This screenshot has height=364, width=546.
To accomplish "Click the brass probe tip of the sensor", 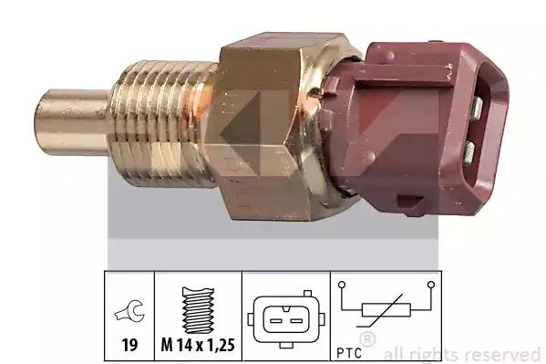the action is coord(72,122).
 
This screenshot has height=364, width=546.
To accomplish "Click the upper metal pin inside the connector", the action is coord(478,108).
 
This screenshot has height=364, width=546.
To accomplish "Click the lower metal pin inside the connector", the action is coord(469,152).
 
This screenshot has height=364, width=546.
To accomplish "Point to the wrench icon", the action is coord(129,311).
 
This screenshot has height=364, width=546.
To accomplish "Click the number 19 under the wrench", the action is coord(129,345).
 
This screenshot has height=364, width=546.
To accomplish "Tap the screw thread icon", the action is coord(198,310).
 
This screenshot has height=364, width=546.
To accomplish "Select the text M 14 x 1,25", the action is coord(198,345).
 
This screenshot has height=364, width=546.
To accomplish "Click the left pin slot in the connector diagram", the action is coord(275,320).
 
